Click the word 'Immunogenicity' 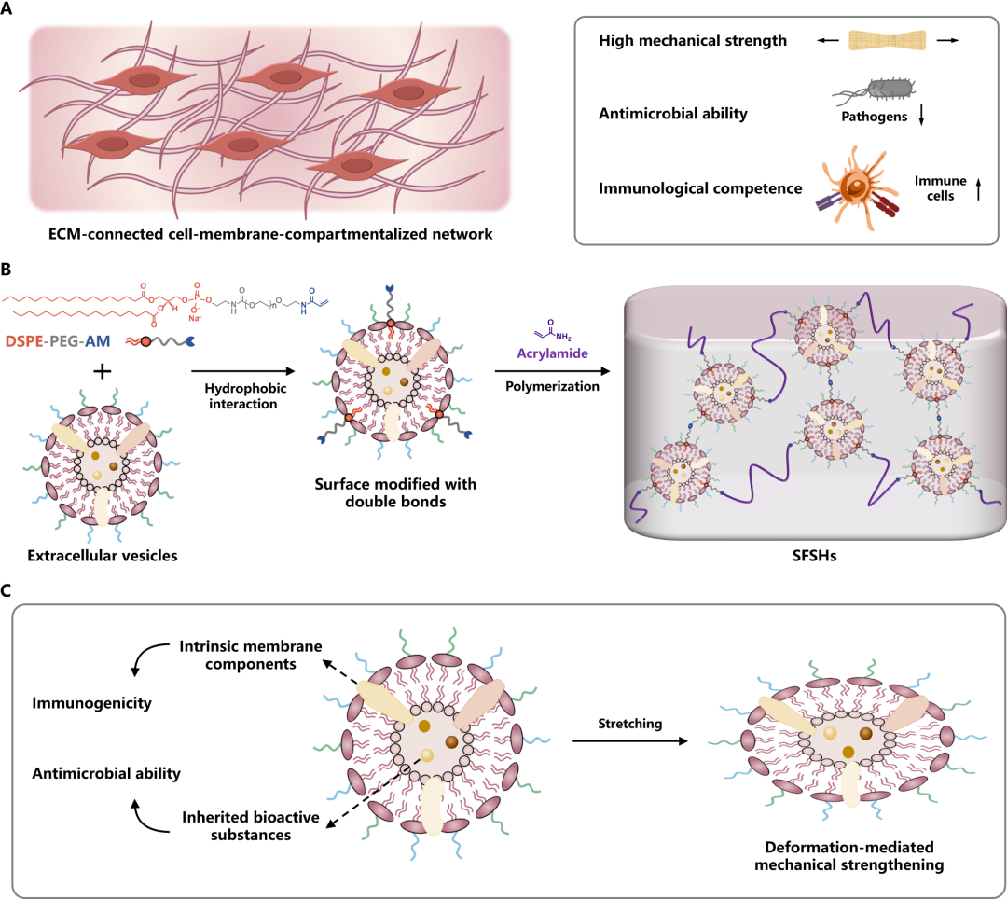(x=90, y=704)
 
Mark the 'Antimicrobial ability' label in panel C (x=105, y=773)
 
